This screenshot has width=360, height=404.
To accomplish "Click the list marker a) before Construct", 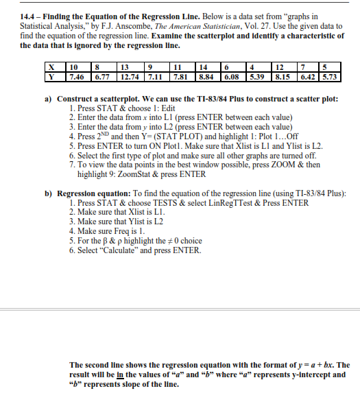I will click(x=49, y=99).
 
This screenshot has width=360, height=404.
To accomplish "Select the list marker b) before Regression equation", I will click(x=49, y=193).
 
